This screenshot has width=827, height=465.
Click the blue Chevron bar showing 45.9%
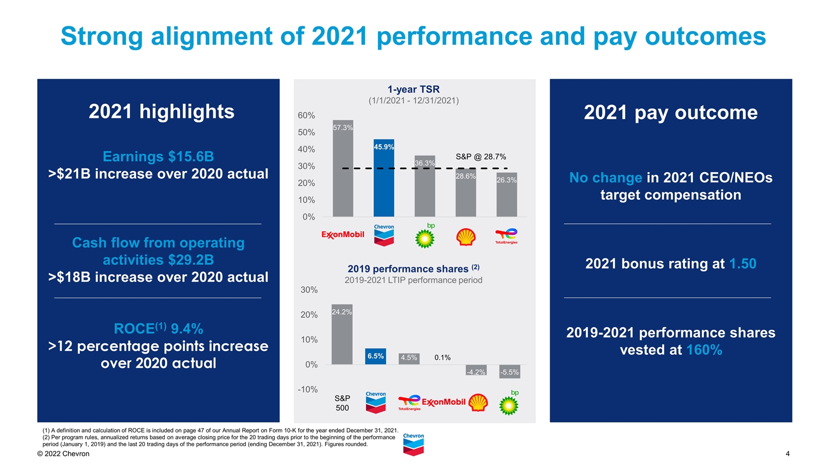(x=384, y=178)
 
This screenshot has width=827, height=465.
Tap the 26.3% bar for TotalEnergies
(x=507, y=195)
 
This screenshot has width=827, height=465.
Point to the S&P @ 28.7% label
(x=480, y=157)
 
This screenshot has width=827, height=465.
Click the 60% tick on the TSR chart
(x=306, y=116)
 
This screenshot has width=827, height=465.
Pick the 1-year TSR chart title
(x=413, y=89)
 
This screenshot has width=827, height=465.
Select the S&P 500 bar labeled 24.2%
(x=342, y=334)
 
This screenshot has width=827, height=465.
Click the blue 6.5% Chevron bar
(x=375, y=356)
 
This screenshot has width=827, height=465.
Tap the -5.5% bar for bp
(x=509, y=371)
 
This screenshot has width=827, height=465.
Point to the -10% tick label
(x=307, y=389)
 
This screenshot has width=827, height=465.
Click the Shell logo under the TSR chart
(x=466, y=237)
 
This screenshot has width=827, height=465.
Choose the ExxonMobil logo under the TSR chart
(x=343, y=235)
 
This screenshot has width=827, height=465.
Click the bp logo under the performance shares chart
(x=509, y=403)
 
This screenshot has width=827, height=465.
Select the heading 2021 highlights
(x=162, y=111)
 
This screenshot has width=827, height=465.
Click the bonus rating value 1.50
(x=742, y=264)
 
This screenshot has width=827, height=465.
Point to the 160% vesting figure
(x=704, y=350)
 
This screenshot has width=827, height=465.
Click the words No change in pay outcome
(x=606, y=178)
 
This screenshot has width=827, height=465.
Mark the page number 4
(x=787, y=454)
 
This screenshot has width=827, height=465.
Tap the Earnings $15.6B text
(x=158, y=157)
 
